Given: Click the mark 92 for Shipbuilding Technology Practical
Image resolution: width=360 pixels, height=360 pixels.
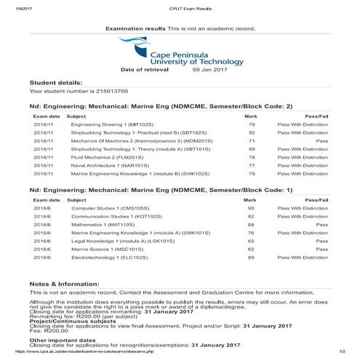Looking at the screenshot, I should point(252,133).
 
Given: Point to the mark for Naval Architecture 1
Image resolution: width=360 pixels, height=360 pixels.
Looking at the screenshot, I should point(252,165).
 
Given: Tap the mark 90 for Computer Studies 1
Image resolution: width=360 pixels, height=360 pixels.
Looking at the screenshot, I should point(252,209).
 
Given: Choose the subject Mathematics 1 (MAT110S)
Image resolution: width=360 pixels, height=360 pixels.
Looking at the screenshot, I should point(97,225).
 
